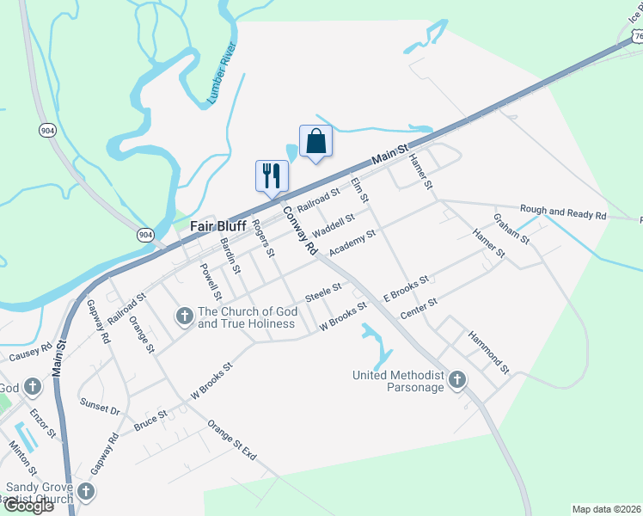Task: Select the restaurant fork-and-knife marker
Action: [x=272, y=175]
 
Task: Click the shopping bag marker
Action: [x=315, y=141]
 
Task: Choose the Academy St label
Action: [x=352, y=241]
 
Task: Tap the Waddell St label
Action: [x=334, y=227]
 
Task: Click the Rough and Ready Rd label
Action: [x=563, y=212]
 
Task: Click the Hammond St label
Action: [x=489, y=353]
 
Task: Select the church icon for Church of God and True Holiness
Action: [x=184, y=317]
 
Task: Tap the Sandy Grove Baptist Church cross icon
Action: [x=85, y=491]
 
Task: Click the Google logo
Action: [x=28, y=506]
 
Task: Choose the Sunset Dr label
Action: [x=100, y=407]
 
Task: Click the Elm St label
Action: [x=359, y=190]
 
